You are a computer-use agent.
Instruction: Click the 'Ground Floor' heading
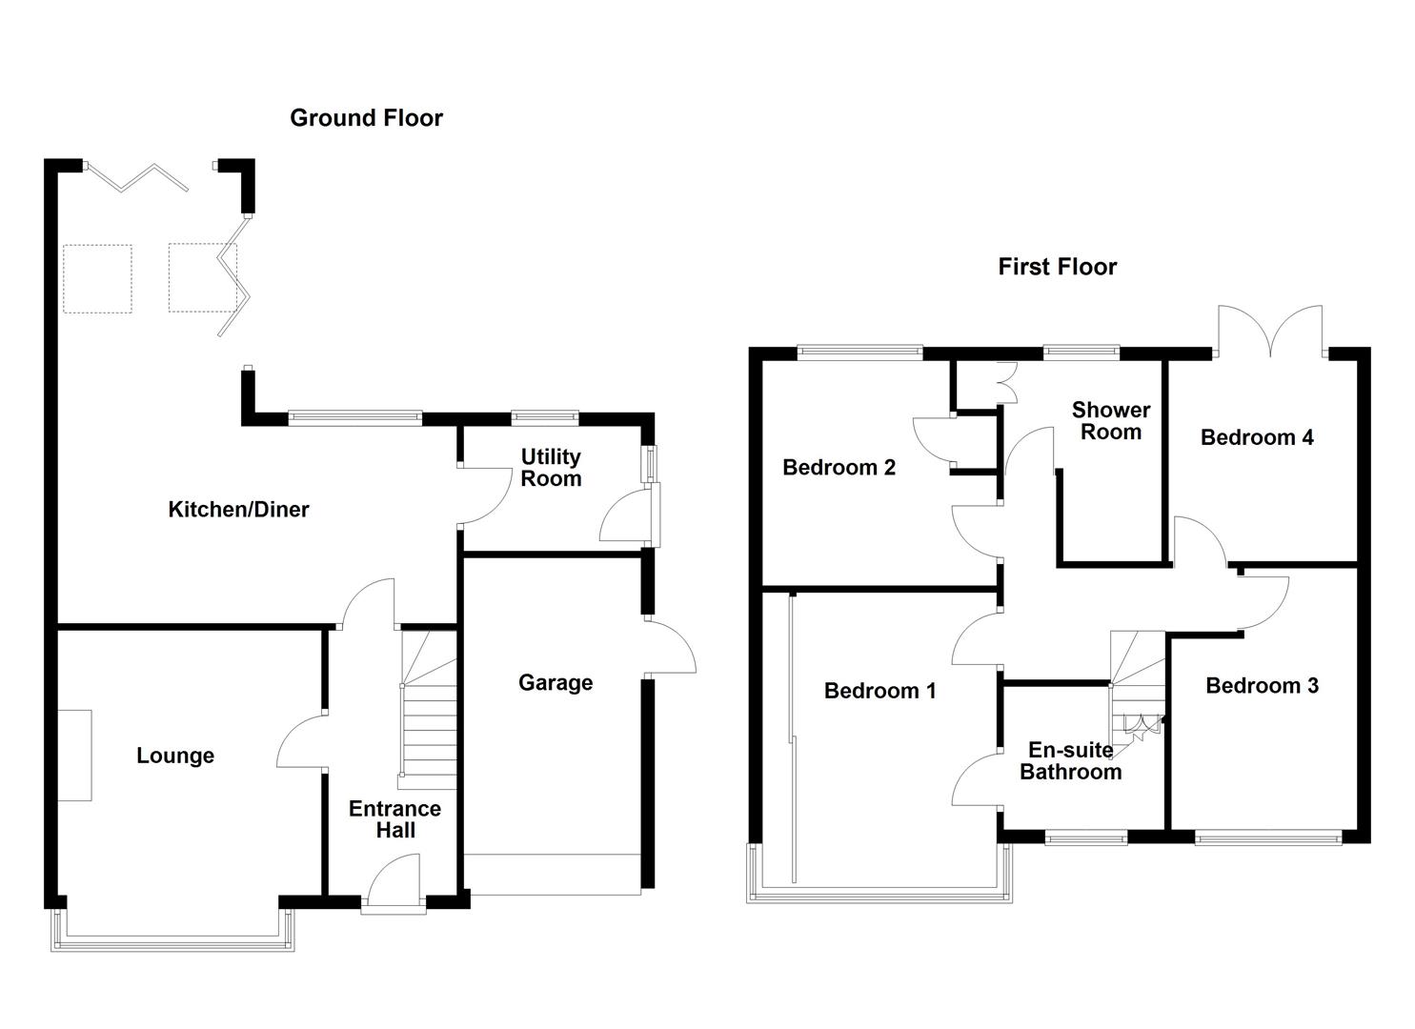[366, 118]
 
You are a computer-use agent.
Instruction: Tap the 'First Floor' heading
[1057, 267]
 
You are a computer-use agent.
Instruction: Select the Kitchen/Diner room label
[238, 510]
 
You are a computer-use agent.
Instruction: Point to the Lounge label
[175, 756]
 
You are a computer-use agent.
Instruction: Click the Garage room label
[556, 682]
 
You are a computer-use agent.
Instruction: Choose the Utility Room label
[551, 468]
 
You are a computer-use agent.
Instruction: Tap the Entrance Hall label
[394, 819]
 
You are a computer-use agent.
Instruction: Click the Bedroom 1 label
[879, 691]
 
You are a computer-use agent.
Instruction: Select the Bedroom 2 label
[839, 467]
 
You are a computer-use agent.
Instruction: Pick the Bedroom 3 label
[1262, 686]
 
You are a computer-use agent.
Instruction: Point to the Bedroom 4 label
[1257, 437]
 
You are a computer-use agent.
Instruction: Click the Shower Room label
[1111, 420]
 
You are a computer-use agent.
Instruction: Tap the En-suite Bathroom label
[1070, 761]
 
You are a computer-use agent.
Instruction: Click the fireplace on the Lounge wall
[75, 756]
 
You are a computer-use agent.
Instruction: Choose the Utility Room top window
[545, 416]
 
